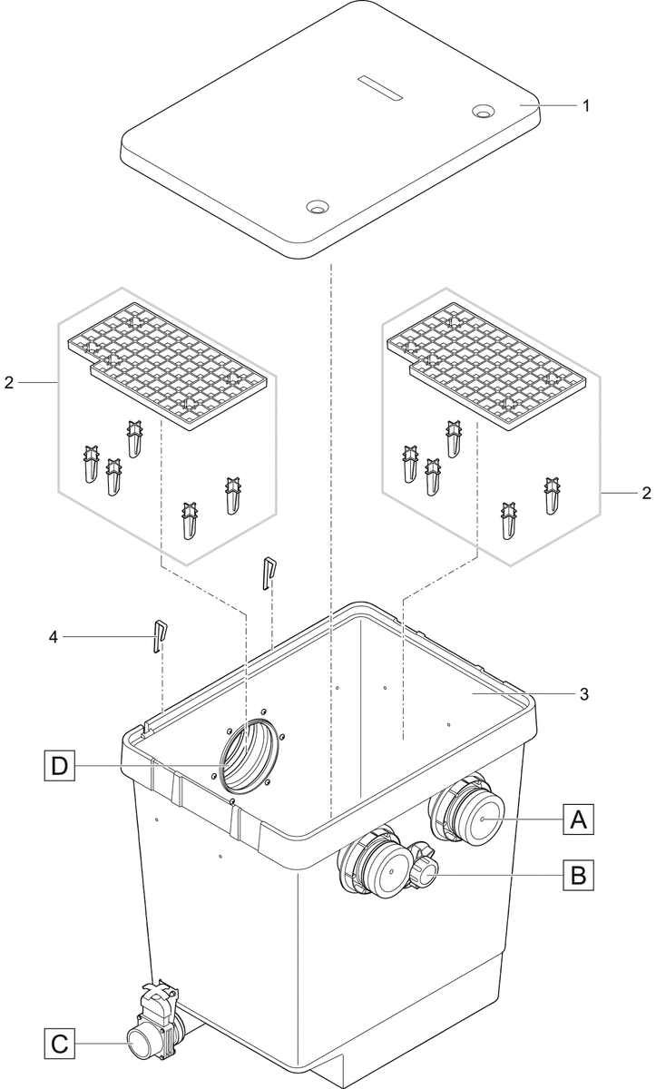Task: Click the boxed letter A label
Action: coord(578,819)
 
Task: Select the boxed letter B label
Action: coord(578,876)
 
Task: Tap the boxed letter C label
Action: coord(58,1044)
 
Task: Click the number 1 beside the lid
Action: coord(586,106)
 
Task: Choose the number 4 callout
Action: coord(52,638)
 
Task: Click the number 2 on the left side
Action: coord(9,383)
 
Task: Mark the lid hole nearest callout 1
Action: coord(483,112)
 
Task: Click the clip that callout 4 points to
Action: coord(159,636)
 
